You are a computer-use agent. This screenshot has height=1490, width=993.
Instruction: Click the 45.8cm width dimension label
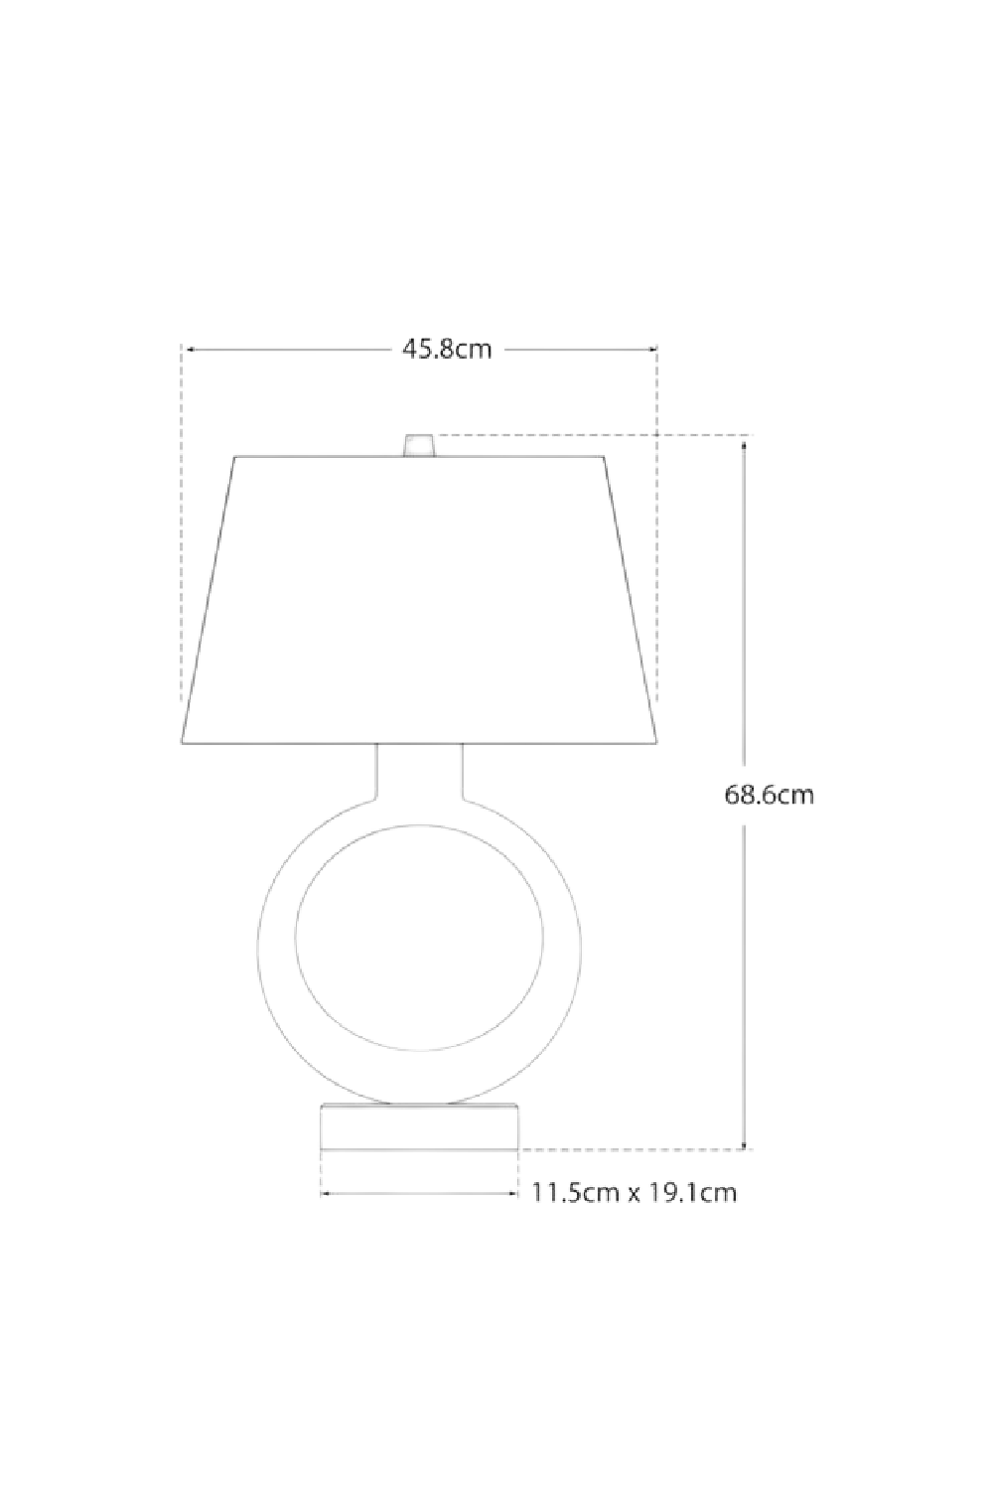click(x=447, y=350)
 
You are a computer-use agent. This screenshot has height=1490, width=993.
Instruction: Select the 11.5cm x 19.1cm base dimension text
click(x=635, y=1192)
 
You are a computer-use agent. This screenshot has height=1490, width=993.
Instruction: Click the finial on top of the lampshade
click(x=419, y=444)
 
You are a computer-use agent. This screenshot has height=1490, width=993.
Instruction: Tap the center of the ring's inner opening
click(x=419, y=937)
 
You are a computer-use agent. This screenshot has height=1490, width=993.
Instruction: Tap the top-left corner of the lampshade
click(x=235, y=458)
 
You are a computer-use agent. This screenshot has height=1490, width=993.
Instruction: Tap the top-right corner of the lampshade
click(x=604, y=458)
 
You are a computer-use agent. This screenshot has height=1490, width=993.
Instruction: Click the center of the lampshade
click(x=419, y=601)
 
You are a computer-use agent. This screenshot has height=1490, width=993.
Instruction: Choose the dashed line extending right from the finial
click(x=596, y=435)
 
